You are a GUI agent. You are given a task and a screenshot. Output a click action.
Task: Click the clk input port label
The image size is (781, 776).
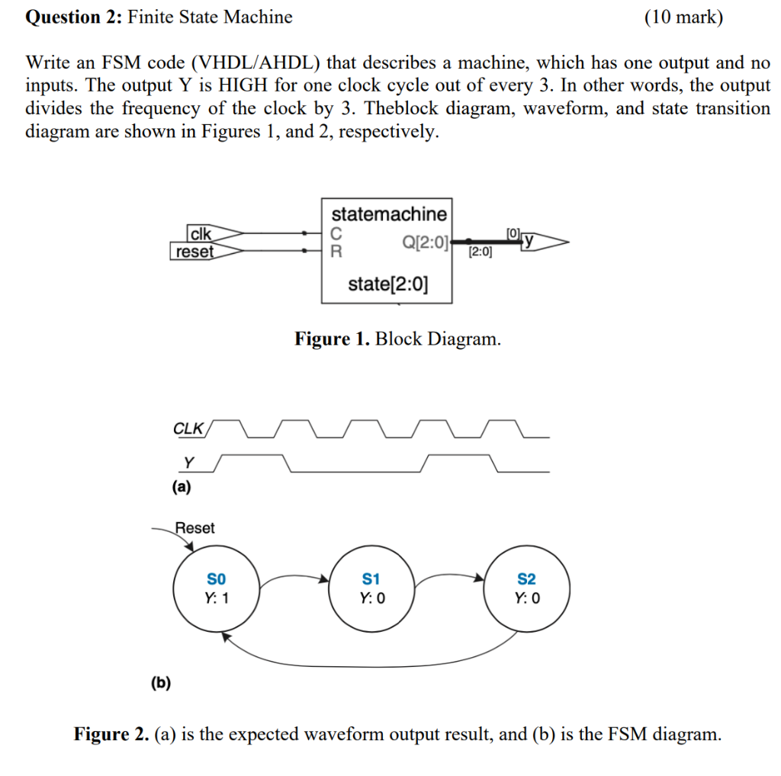(201, 233)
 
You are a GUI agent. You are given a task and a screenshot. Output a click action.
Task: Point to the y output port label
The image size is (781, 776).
(528, 242)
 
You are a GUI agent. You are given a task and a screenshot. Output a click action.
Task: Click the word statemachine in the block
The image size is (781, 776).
(389, 213)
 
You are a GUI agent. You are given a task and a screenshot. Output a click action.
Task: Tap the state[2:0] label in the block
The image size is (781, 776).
(387, 285)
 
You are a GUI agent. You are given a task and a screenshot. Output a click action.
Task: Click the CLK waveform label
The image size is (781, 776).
(188, 428)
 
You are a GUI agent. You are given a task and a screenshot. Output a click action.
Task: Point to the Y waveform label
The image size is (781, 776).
(189, 463)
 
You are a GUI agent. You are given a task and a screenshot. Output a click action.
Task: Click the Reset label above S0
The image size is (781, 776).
(195, 527)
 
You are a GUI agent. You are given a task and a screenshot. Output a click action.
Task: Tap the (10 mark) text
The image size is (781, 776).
(683, 17)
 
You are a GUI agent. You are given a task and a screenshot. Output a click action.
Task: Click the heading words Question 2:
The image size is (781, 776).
(73, 17)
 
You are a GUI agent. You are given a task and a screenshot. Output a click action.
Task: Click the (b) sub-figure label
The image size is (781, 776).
(161, 682)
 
